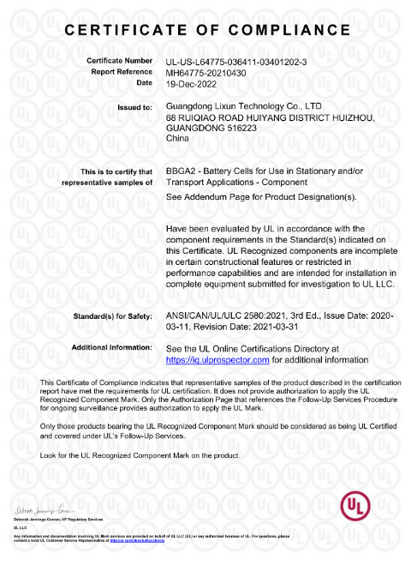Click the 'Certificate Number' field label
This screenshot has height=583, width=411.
[119, 62]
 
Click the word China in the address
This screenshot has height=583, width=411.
[176, 137]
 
